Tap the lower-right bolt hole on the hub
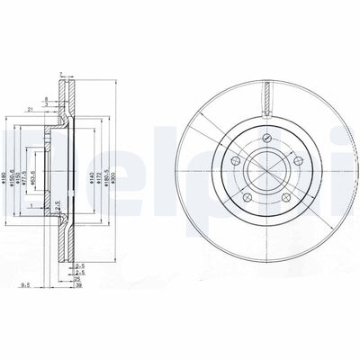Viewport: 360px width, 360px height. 287,200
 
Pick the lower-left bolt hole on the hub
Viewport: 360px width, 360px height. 246,200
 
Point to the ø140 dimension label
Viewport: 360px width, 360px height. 92,167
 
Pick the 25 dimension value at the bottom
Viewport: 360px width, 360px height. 80,281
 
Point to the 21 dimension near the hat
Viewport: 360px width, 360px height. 30,108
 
